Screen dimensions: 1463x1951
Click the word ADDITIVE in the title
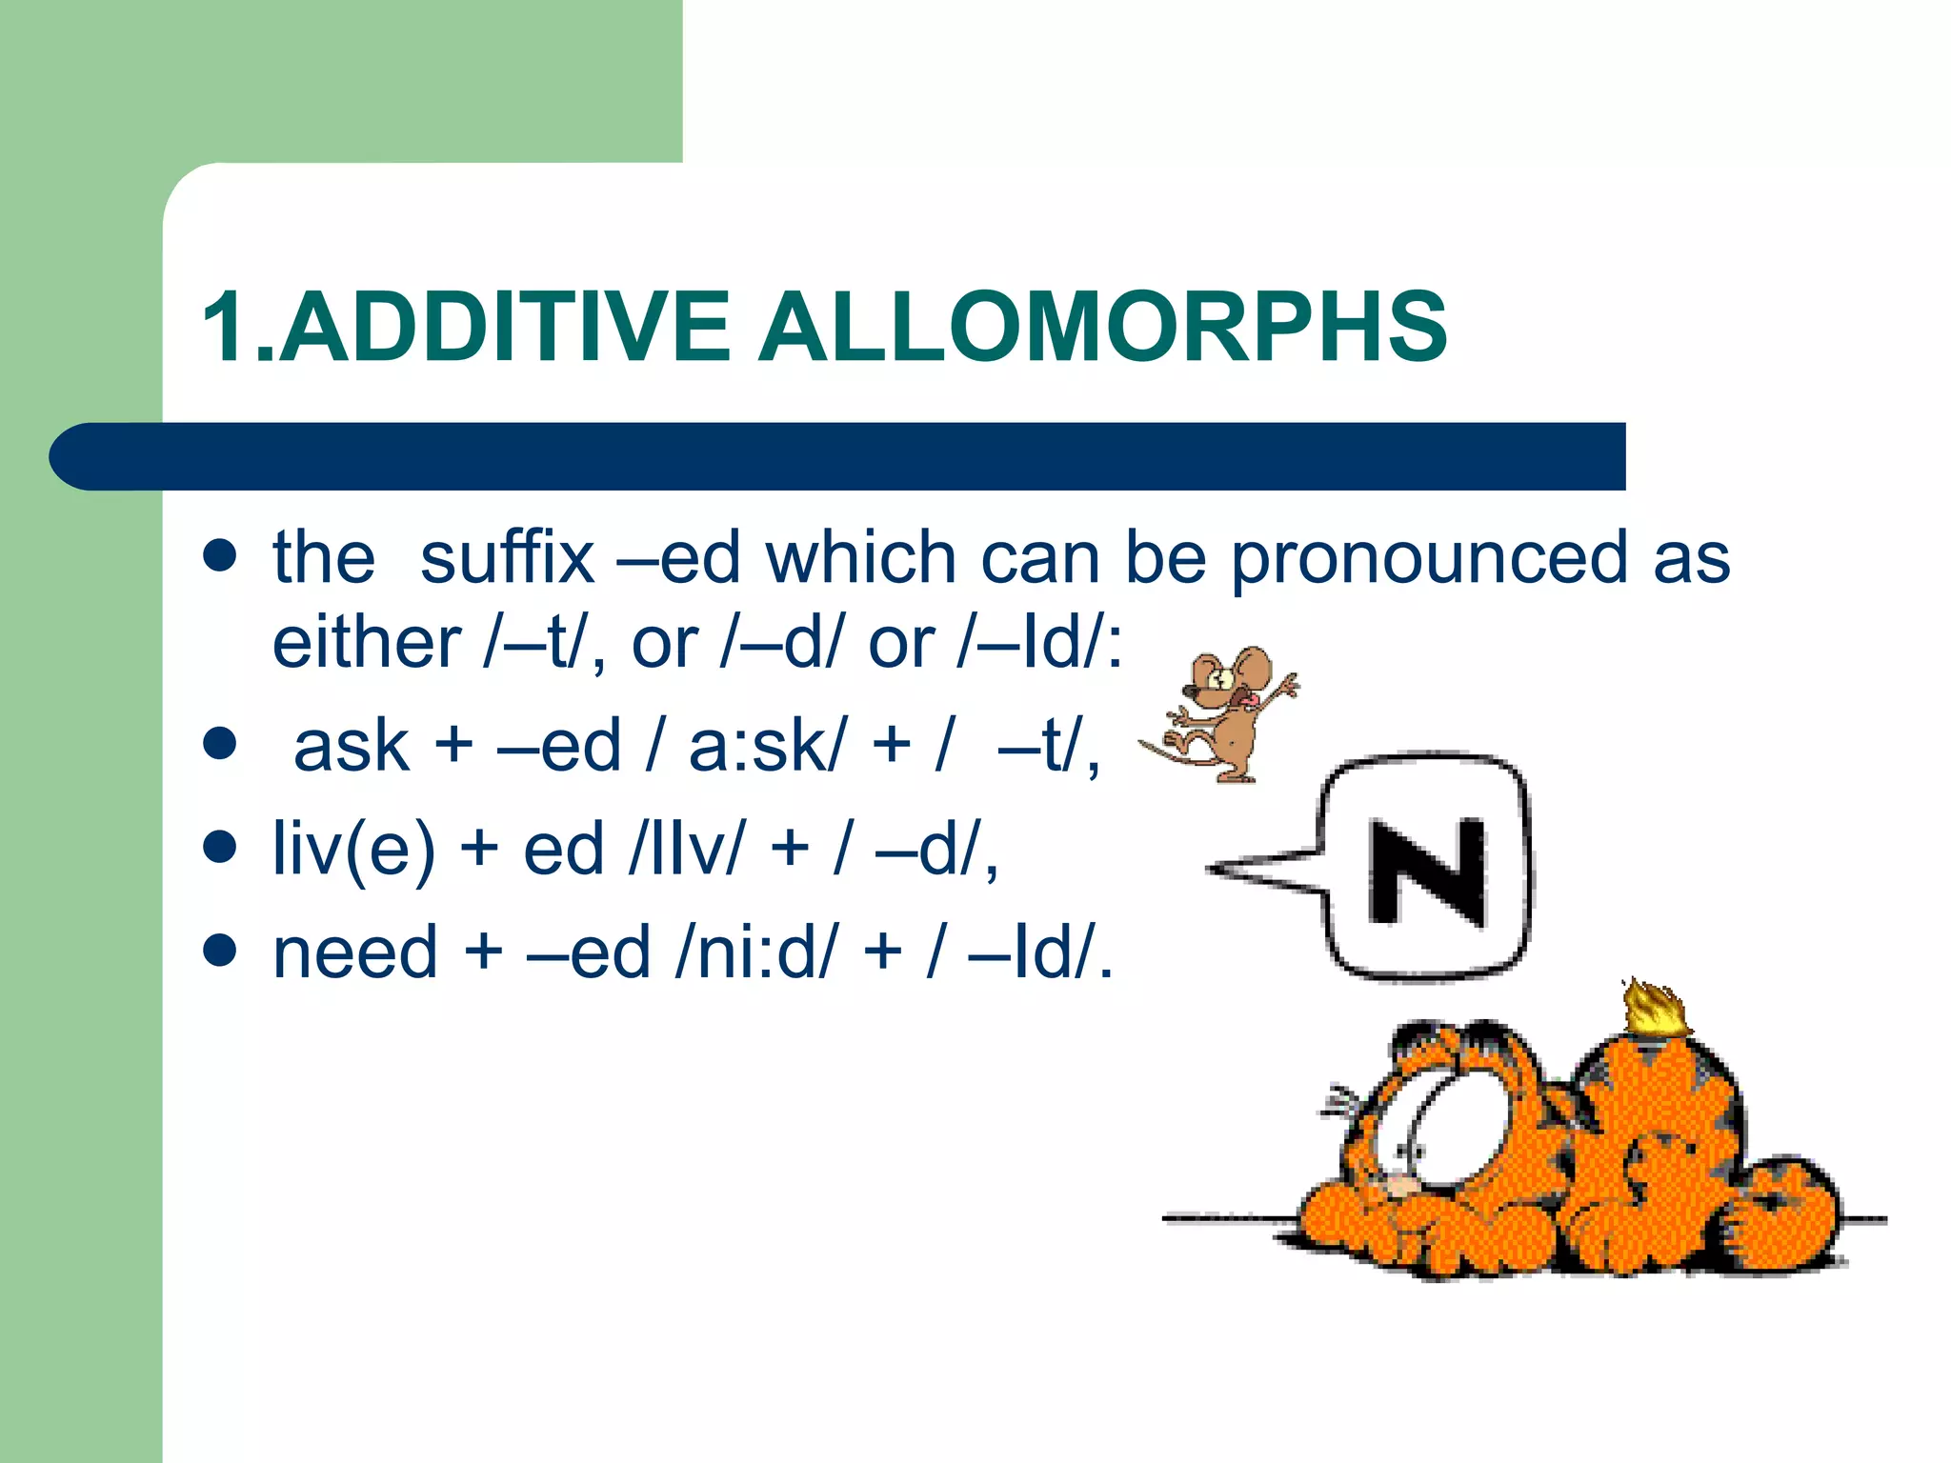[x=504, y=328]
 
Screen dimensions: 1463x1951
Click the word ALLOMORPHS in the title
[x=1102, y=328]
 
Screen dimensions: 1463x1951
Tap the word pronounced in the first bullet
[x=1429, y=559]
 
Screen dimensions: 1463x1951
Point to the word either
[x=367, y=644]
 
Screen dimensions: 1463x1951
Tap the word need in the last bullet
[x=355, y=952]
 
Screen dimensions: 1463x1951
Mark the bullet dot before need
[x=220, y=950]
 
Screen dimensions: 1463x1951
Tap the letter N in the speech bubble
[x=1426, y=871]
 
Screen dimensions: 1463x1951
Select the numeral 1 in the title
[x=226, y=328]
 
